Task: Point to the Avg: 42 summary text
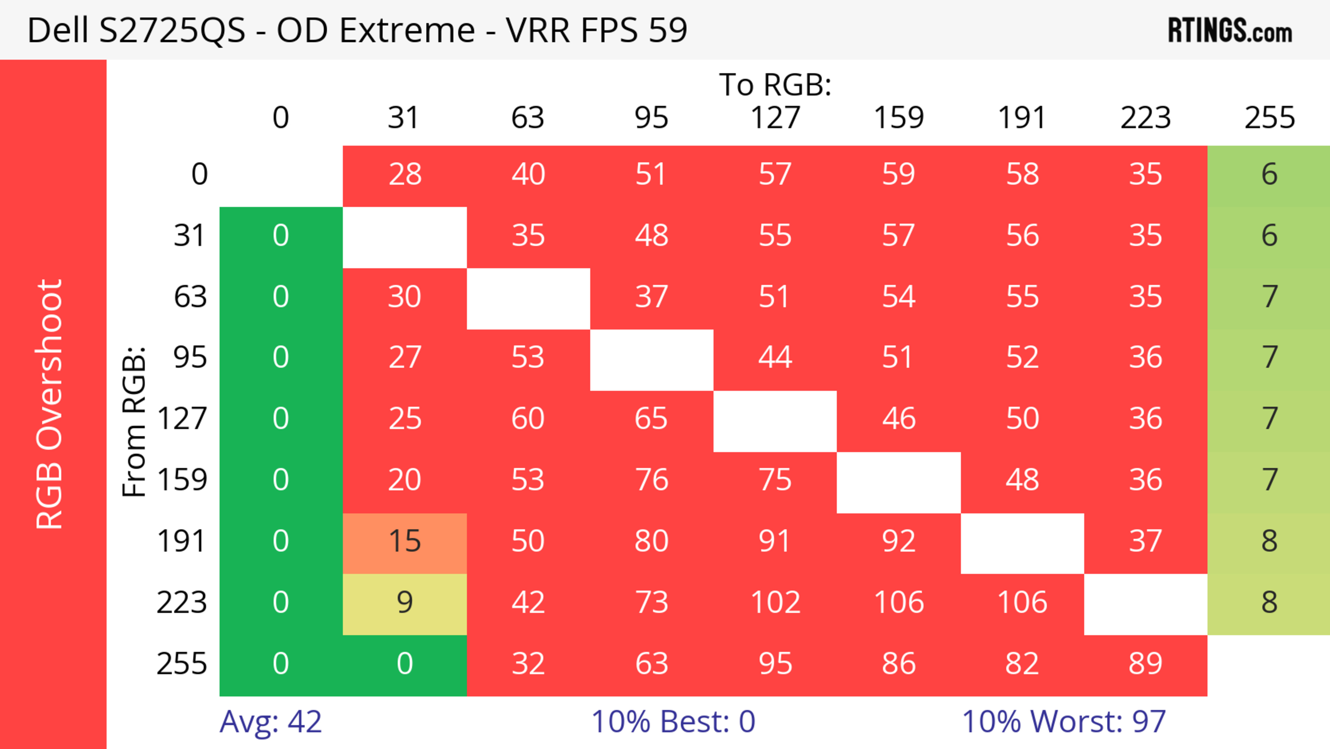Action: tap(271, 722)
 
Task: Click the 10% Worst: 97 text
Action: tap(1064, 722)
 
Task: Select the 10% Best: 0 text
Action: tap(673, 722)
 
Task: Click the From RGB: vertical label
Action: tap(134, 421)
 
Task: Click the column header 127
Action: tap(775, 118)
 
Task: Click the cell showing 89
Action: tap(1145, 664)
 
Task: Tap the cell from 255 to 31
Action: tap(405, 664)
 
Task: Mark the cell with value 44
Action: tap(775, 357)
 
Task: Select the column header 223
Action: tap(1145, 118)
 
